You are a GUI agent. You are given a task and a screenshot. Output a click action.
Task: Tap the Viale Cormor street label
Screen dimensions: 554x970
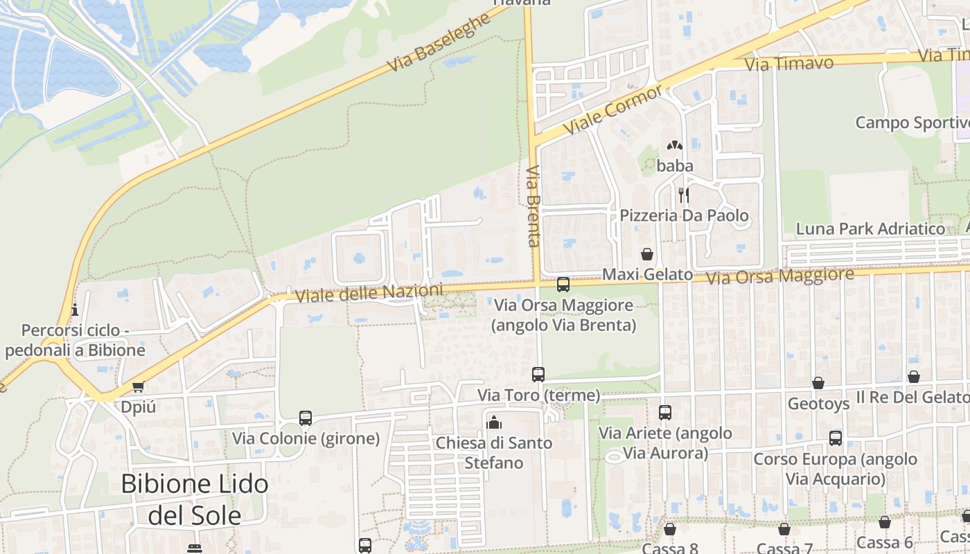point(613,111)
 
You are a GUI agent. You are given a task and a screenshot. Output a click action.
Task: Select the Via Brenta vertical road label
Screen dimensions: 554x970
point(533,206)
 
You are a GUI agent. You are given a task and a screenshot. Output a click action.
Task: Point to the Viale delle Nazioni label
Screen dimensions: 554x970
point(369,293)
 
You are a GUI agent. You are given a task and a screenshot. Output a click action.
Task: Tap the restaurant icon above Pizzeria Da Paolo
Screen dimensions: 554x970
point(683,195)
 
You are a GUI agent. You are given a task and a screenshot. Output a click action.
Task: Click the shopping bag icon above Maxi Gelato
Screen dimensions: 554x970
point(646,254)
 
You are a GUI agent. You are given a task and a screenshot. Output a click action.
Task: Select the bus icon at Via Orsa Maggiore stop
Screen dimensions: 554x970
point(563,284)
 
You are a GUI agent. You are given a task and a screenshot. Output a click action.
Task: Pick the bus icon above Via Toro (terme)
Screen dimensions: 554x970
point(538,374)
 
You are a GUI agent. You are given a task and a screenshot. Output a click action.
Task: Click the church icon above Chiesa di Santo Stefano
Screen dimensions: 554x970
point(494,421)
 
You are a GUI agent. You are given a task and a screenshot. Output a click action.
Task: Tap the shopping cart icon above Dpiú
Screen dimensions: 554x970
point(138,386)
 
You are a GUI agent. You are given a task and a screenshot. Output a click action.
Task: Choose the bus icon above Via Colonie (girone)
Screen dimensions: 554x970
point(306,418)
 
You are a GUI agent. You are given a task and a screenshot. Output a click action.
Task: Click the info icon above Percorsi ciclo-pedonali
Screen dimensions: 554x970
point(75,309)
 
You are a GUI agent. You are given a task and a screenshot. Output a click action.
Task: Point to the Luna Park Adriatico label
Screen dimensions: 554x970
point(870,229)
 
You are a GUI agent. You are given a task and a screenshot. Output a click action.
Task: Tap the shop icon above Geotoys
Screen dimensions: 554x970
point(818,383)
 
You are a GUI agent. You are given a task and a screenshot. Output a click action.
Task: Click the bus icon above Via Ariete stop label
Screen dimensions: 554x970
point(665,412)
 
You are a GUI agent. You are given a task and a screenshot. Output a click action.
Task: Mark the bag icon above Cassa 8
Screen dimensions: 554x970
point(669,529)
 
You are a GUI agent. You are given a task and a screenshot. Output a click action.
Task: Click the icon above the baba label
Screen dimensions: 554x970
point(675,145)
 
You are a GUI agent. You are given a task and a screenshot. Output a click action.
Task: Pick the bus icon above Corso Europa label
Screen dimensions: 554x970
point(836,438)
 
